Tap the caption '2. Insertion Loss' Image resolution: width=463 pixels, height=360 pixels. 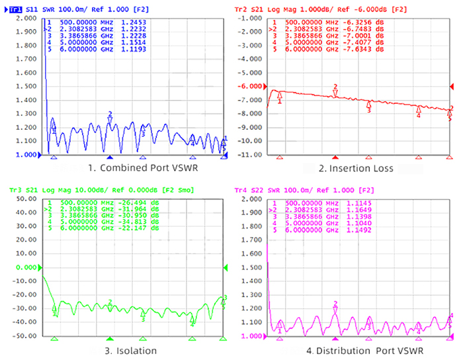tap(355, 168)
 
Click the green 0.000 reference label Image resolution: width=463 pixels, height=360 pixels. tap(21, 267)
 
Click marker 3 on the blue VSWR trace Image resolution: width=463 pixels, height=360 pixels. tap(143, 134)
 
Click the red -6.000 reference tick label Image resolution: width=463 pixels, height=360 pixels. tap(250, 87)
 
